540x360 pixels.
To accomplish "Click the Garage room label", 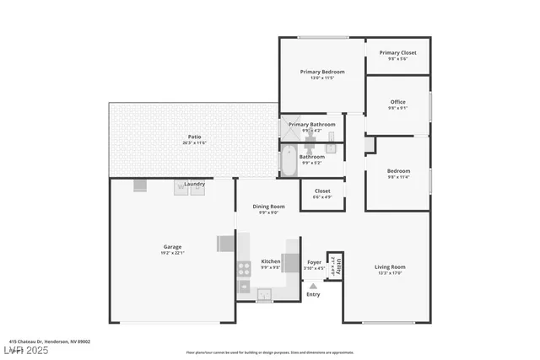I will pos(172,247).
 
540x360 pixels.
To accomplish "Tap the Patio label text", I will pos(194,137).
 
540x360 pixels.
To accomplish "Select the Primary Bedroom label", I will pos(322,72).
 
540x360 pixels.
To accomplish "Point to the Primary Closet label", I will pos(397,52).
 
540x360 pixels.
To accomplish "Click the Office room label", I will pos(397,102).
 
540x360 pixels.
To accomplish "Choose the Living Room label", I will pos(390,267).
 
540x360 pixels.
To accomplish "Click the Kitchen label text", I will pos(270,261).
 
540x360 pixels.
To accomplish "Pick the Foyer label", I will pos(314,262).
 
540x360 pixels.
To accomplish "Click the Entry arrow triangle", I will pos(313,286).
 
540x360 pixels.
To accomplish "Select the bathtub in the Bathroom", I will pos(288,160).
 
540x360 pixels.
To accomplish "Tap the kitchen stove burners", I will pos(243,270).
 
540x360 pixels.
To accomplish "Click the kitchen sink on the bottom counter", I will pos(264,294).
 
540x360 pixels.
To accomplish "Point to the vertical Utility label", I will pos(334,266).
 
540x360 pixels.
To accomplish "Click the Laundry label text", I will pos(195,184).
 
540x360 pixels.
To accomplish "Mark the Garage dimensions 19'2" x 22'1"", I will pos(172,253).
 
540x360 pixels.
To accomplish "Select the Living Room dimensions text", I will pos(390,273).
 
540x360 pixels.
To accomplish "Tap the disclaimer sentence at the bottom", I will pos(270,352).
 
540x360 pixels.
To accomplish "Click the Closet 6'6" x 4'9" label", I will pos(322,193).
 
